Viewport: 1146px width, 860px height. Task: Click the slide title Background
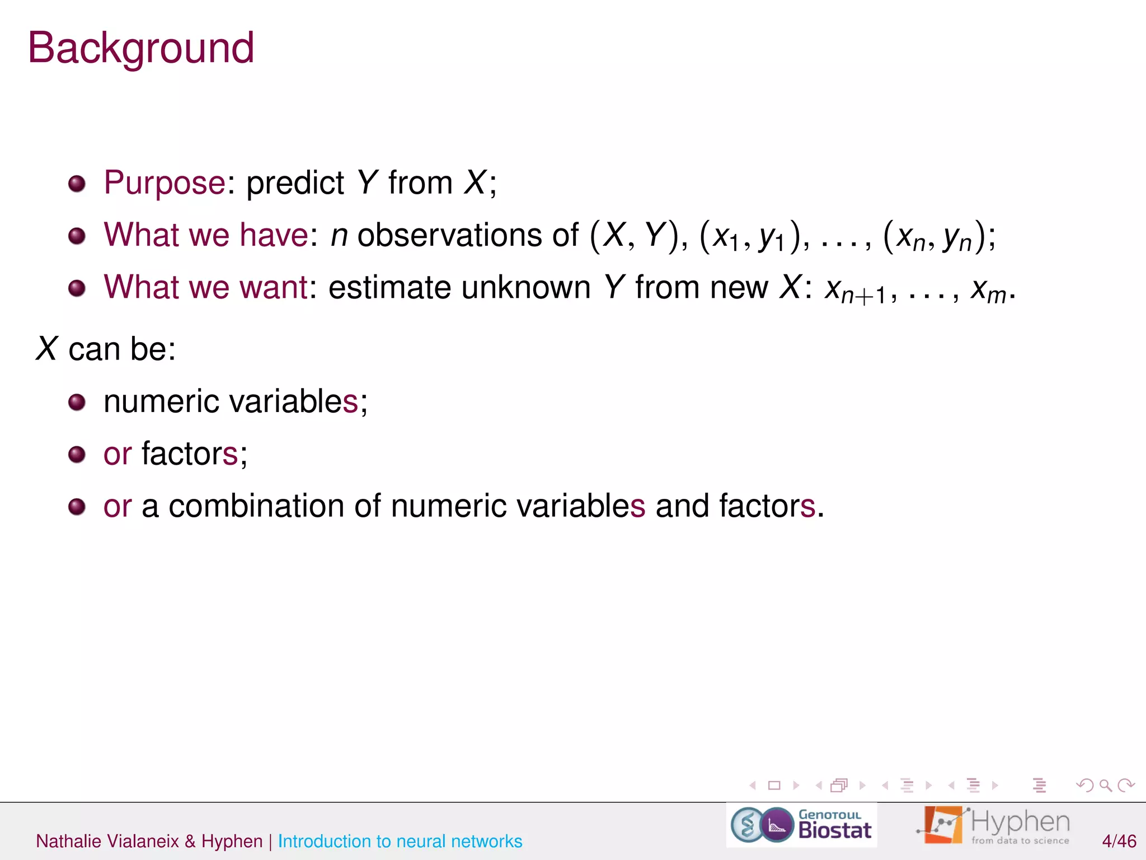click(x=141, y=49)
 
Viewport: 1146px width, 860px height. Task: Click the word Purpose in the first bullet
click(x=165, y=183)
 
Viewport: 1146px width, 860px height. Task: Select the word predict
click(x=295, y=183)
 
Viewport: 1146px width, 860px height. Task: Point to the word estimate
click(x=389, y=288)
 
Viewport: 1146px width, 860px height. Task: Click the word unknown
click(x=526, y=288)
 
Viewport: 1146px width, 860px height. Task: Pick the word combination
click(x=256, y=506)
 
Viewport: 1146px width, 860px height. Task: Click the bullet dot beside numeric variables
click(x=77, y=402)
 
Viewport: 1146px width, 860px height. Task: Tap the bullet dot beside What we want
click(x=77, y=288)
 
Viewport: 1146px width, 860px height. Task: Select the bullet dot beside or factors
click(x=77, y=454)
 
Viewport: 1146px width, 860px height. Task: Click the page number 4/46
click(x=1119, y=841)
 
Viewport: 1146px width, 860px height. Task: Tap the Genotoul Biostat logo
click(x=801, y=825)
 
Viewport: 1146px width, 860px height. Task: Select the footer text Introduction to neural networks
click(x=400, y=841)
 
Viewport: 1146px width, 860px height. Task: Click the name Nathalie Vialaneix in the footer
click(x=107, y=841)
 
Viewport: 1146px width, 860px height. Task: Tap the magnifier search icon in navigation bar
click(x=1105, y=786)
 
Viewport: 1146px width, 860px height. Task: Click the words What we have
click(x=205, y=235)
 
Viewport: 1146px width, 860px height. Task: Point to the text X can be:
click(x=106, y=349)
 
